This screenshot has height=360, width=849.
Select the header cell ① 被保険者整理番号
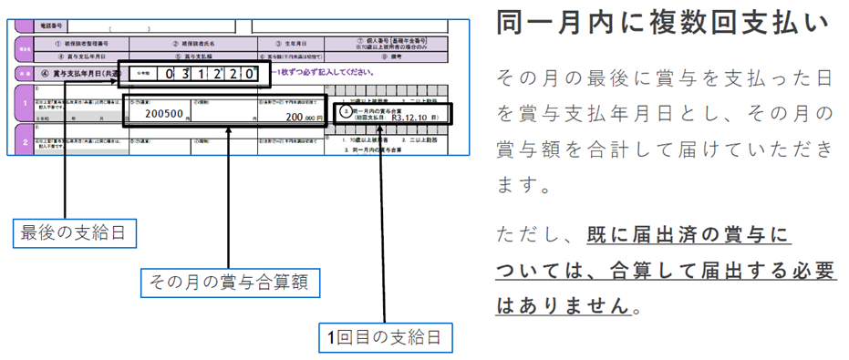point(87,43)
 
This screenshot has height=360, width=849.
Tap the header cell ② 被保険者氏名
point(197,43)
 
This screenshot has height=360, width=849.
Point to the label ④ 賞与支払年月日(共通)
point(78,72)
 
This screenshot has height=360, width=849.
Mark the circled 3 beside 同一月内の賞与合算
point(344,110)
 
